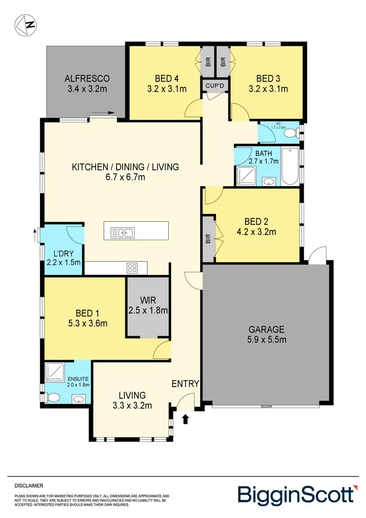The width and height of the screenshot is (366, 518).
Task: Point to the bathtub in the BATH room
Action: point(290,166)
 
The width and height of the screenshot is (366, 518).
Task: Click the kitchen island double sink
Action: point(122,233)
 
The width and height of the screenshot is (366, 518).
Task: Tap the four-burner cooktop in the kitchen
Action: point(132,268)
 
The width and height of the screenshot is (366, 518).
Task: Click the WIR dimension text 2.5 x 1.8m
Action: point(148,310)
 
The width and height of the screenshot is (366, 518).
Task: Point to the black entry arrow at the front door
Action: point(185,418)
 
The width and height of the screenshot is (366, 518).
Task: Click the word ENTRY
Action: point(185,384)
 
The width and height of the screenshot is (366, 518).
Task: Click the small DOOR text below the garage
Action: point(266,406)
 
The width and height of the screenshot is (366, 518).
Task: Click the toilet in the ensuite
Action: point(53,399)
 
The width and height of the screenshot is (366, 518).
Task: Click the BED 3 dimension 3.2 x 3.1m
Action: point(268,89)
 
